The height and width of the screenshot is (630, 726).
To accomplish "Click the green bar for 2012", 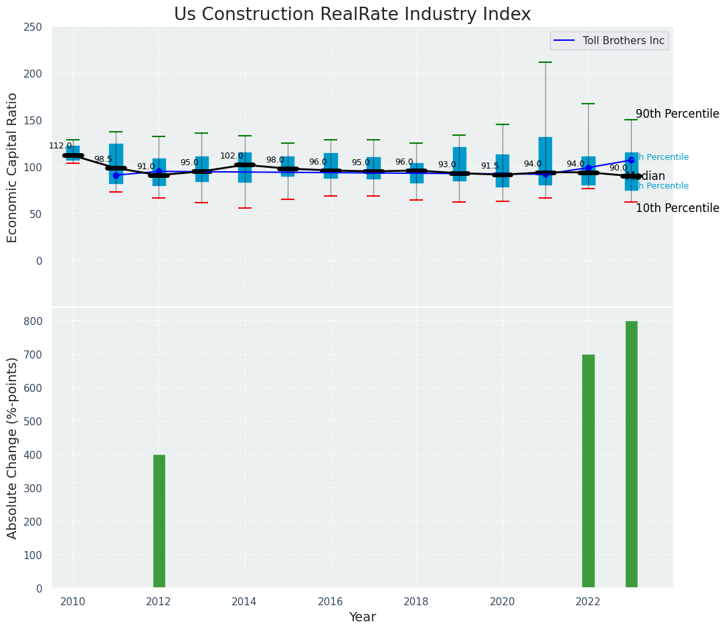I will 159,521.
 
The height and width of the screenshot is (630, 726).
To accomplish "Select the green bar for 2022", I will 588,471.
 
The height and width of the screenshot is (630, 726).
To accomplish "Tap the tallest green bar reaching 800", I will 631,454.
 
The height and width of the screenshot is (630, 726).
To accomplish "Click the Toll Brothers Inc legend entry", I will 609,41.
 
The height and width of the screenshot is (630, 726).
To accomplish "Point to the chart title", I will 352,15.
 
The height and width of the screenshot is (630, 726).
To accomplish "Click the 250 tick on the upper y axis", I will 33,27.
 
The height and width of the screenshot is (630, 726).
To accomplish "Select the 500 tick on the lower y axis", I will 33,421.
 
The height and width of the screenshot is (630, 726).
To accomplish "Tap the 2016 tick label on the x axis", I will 330,601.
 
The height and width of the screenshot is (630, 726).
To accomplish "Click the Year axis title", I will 362,617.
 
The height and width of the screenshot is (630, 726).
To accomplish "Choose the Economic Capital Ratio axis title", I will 13,167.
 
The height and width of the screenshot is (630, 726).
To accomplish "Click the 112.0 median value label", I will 60,146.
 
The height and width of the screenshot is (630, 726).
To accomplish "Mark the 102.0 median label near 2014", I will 232,156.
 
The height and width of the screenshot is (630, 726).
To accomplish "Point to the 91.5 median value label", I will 490,166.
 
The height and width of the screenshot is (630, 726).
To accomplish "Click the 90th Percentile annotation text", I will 677,114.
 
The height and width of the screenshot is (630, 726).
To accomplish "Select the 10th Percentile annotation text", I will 677,209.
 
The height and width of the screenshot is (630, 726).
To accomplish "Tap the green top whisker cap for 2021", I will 545,62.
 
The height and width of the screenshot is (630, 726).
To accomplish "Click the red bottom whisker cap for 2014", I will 245,208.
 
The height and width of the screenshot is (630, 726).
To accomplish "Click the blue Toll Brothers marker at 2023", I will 631,160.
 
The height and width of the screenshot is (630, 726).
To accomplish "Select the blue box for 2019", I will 459,164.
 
